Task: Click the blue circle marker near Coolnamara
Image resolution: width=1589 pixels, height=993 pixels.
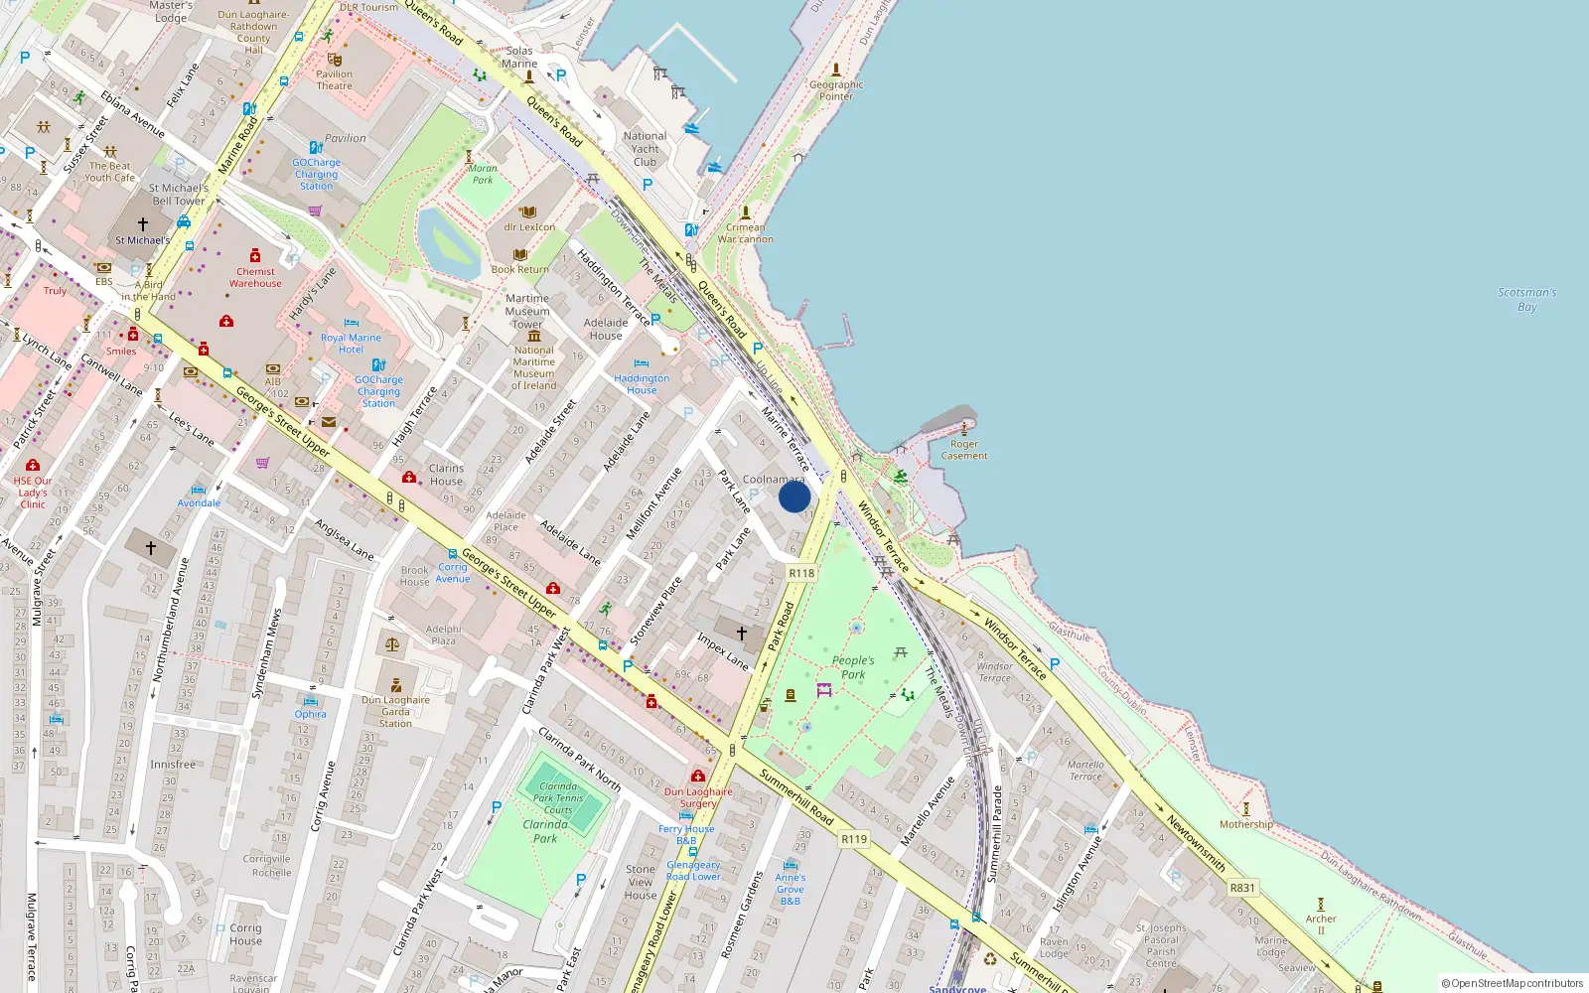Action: [794, 496]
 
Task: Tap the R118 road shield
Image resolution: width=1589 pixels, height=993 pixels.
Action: [801, 573]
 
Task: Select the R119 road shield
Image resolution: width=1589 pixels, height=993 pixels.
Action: [854, 839]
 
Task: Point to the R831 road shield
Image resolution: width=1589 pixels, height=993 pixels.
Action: [1242, 888]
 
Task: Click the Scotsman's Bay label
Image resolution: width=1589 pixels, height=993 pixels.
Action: [1527, 300]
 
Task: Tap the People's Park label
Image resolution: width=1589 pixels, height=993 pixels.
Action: [853, 667]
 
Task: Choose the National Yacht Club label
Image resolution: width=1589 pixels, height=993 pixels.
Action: [645, 149]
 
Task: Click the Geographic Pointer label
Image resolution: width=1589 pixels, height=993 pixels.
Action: [836, 90]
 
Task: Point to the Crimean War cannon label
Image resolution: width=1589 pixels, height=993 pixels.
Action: [745, 233]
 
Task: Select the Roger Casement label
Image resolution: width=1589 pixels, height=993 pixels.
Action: [964, 450]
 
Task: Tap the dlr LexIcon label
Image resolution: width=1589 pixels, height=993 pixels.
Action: [529, 227]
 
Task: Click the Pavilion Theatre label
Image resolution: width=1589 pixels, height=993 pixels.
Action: [335, 79]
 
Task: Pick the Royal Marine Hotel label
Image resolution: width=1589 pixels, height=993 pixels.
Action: [351, 344]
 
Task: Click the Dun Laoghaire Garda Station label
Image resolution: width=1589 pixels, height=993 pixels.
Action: [395, 711]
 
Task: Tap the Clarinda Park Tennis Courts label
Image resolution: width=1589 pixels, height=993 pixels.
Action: [558, 797]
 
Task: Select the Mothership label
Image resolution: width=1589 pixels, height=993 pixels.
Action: [1245, 824]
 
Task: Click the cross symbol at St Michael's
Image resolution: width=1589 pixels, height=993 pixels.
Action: [143, 224]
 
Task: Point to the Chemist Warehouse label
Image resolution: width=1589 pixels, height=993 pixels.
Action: [255, 277]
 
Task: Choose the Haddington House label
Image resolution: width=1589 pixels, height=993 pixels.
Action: [642, 384]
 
